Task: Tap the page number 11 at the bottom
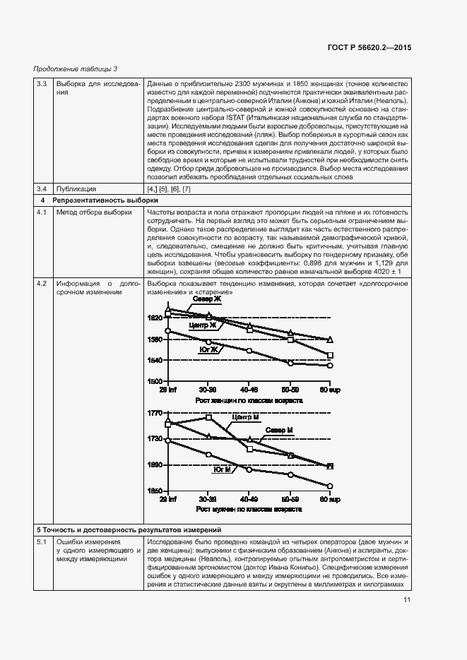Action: coord(407,600)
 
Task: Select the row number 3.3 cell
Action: coord(41,84)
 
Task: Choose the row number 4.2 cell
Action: coord(41,283)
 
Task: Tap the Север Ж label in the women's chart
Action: coord(206,300)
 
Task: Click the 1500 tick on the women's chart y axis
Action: coord(155,381)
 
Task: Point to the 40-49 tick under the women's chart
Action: coord(248,389)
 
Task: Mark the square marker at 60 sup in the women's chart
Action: coord(330,355)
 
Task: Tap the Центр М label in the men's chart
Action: coord(245,417)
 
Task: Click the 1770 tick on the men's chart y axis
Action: coord(155,412)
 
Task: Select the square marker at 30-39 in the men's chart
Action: coord(208,417)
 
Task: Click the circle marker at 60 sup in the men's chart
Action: coord(330,486)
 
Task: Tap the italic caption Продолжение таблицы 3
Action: coord(76,68)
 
